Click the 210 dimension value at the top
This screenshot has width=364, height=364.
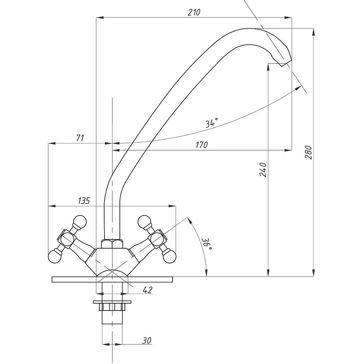tap(194, 12)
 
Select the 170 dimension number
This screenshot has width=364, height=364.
tap(202, 145)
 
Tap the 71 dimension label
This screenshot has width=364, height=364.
tap(80, 138)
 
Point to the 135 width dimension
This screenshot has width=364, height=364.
tap(84, 201)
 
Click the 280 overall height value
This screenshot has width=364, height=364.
tap(308, 152)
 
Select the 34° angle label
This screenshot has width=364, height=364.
tap(212, 122)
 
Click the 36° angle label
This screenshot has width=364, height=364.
tap(207, 244)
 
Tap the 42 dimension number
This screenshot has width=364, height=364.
tap(148, 290)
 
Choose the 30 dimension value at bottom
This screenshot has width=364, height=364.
tap(147, 341)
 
